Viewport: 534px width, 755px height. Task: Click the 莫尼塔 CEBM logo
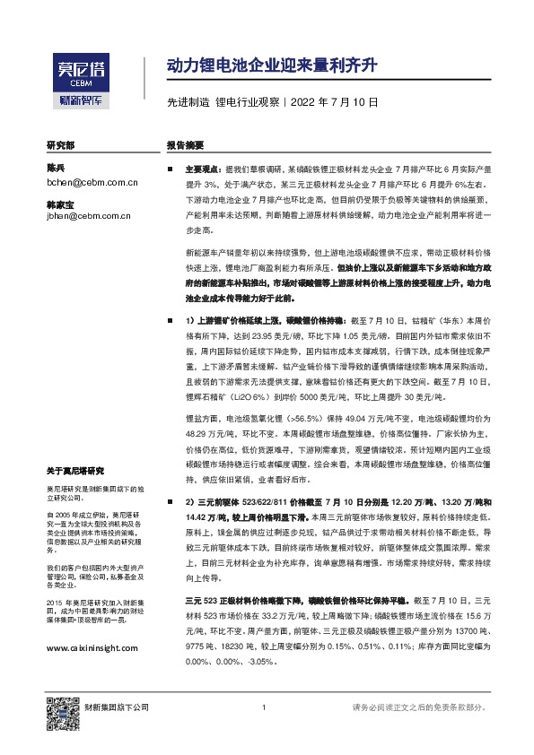(x=78, y=69)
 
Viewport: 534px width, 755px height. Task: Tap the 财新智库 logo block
(x=78, y=101)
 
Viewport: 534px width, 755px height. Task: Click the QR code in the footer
(x=62, y=709)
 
